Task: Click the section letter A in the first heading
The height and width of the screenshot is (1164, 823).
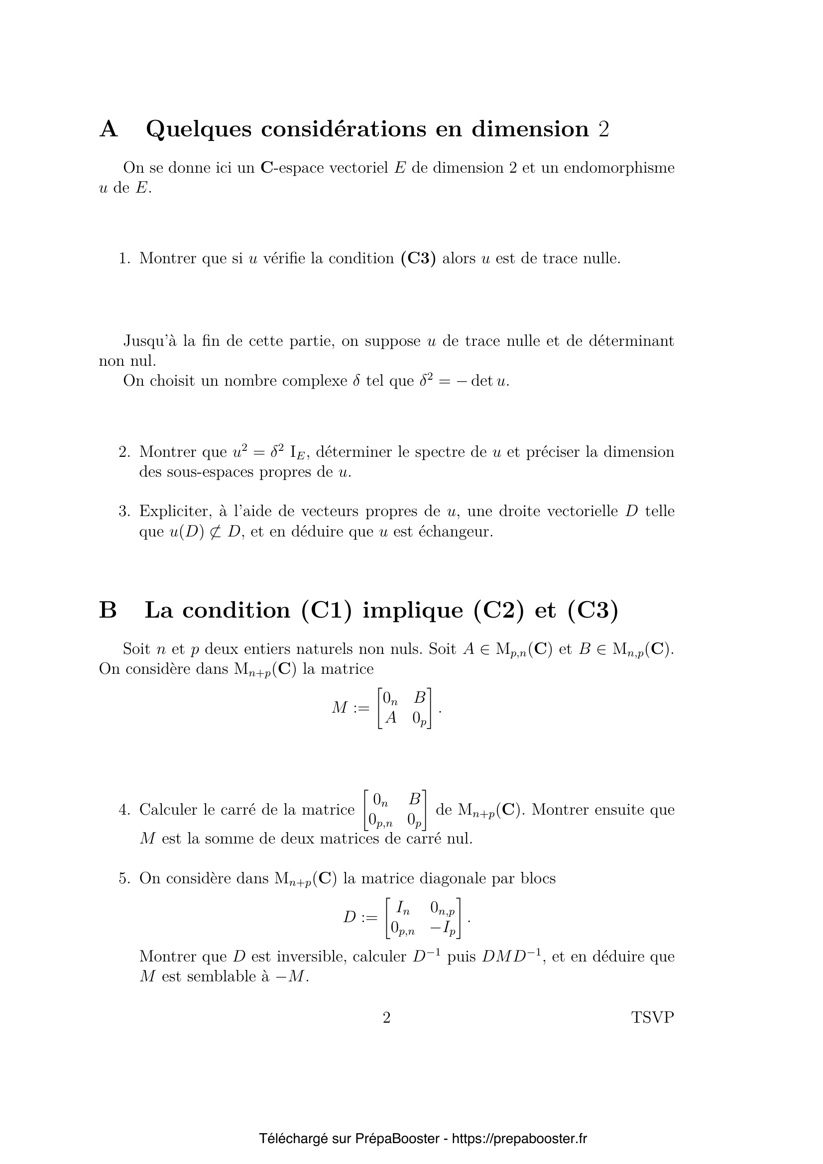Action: click(x=109, y=129)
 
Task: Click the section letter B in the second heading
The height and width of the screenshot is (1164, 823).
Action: click(x=108, y=610)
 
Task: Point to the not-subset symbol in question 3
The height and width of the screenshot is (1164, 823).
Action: click(x=216, y=532)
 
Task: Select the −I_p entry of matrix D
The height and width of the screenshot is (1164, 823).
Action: click(x=443, y=928)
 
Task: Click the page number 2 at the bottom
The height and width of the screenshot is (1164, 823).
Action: click(x=386, y=1018)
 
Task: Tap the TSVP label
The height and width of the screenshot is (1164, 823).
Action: click(x=653, y=1018)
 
